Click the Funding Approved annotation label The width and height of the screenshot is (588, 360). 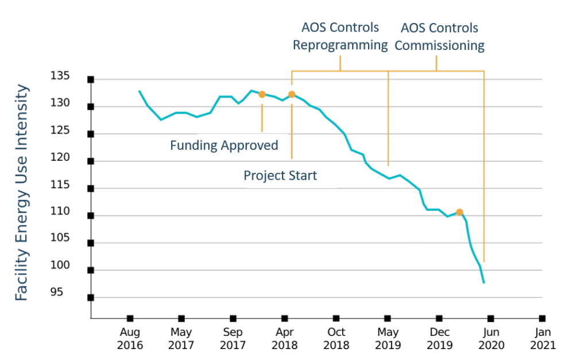(x=224, y=145)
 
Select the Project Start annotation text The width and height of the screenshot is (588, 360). (x=280, y=175)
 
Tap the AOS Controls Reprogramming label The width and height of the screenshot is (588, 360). (x=341, y=36)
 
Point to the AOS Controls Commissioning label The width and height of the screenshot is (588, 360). (x=439, y=37)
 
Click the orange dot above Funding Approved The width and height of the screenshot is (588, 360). (x=262, y=95)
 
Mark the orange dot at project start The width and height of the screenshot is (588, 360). (x=292, y=95)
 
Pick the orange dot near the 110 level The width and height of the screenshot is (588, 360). (x=459, y=212)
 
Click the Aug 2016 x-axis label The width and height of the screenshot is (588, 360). (x=130, y=338)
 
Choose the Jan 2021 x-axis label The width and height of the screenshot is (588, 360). (x=543, y=338)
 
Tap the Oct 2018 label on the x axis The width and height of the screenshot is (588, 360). (x=336, y=338)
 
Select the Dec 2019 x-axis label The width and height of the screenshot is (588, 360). (x=439, y=338)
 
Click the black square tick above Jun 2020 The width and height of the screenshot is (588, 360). (x=491, y=319)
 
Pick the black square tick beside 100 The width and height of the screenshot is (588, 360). (x=91, y=270)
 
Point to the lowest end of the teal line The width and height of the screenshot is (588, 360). (x=484, y=282)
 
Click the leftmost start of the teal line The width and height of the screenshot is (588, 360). (x=139, y=91)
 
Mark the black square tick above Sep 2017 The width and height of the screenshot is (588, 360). (x=233, y=319)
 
